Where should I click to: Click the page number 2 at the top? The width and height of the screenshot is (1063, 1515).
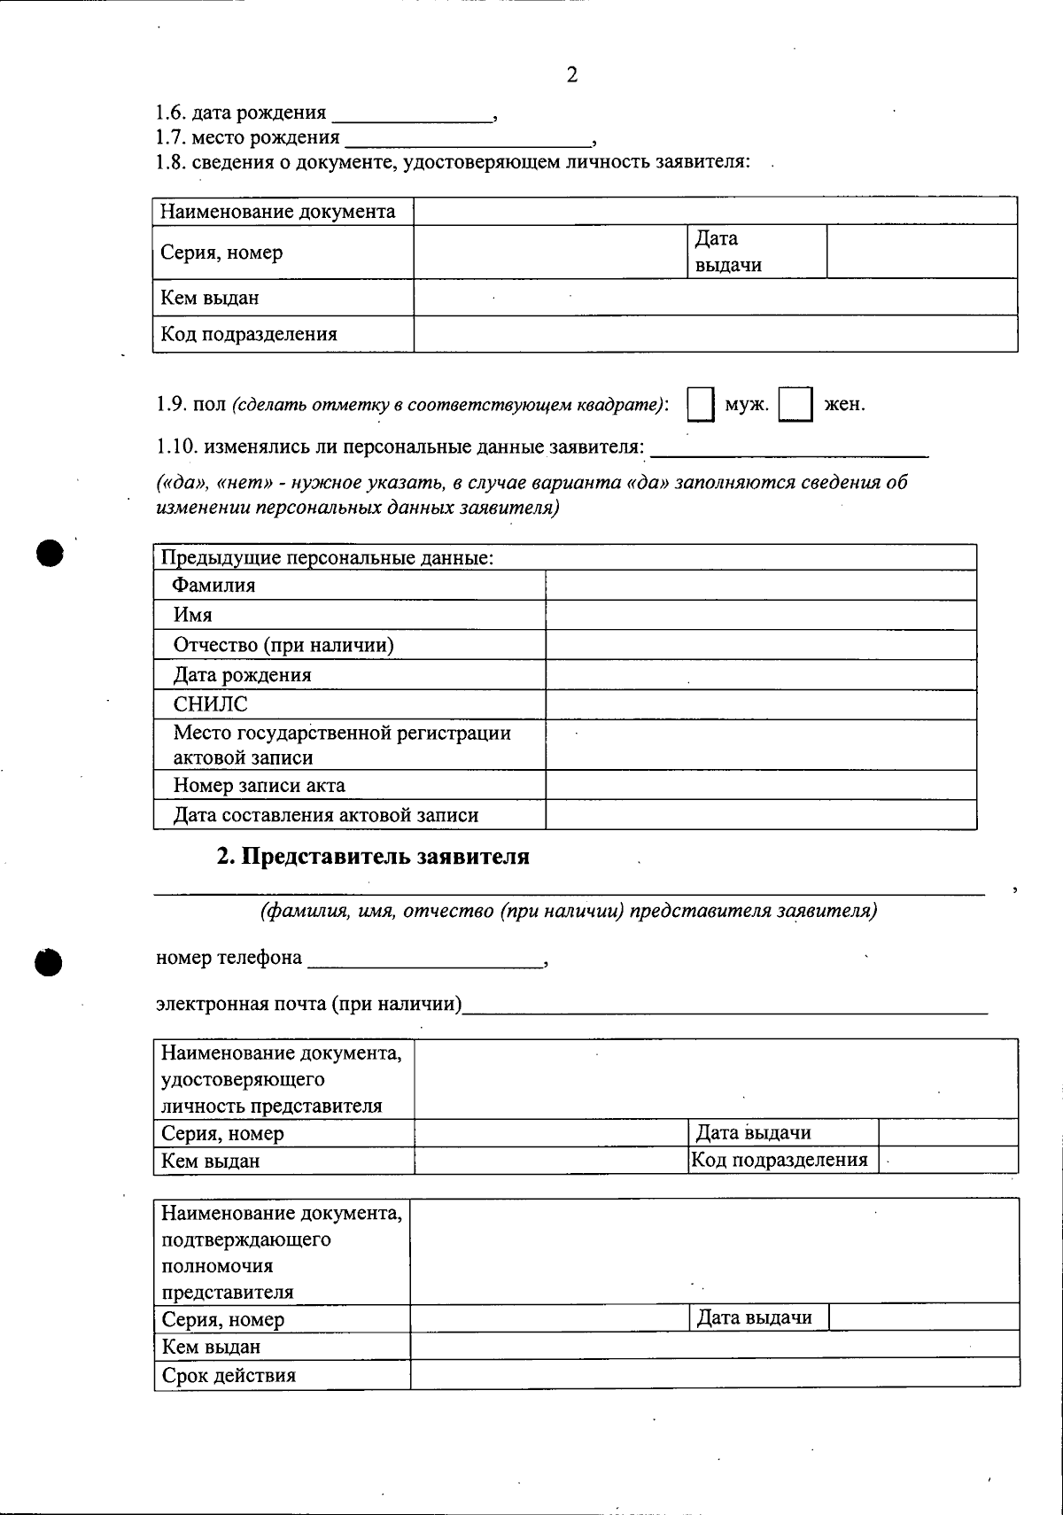coord(571,75)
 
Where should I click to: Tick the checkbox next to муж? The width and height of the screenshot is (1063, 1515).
coord(701,405)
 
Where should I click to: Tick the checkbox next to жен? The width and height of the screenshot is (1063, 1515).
coord(795,405)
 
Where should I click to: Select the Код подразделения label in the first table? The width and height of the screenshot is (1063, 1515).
coord(249,334)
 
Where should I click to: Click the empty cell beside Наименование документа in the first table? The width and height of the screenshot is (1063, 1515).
coord(715,212)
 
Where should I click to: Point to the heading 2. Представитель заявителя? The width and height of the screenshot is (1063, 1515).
coord(373,857)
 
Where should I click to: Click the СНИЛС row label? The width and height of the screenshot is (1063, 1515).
coord(211,704)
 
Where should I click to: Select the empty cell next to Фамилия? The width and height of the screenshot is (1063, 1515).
coord(760,586)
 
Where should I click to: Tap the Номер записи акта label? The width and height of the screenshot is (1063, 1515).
coord(260,786)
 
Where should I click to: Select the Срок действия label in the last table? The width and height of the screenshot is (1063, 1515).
coord(229,1375)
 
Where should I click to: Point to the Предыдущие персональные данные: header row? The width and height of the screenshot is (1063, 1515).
coord(326,558)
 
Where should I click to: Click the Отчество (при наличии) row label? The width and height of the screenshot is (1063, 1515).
coord(283,645)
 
